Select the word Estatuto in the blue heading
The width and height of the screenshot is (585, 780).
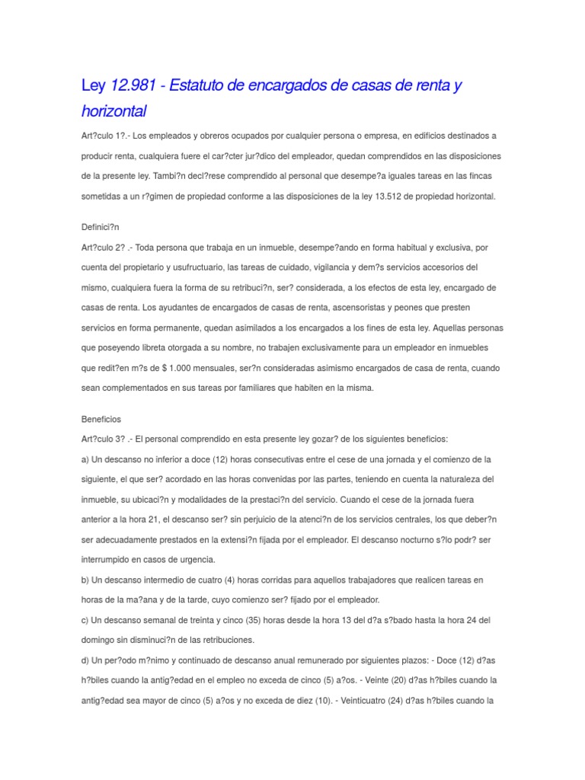tap(202, 85)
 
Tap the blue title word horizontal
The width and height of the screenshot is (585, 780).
tap(113, 111)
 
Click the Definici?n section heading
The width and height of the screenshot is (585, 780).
tap(101, 227)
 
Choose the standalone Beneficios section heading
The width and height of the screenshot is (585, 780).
tap(101, 419)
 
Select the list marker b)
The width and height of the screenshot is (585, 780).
tap(85, 580)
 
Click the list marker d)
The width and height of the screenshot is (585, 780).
tap(85, 660)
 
